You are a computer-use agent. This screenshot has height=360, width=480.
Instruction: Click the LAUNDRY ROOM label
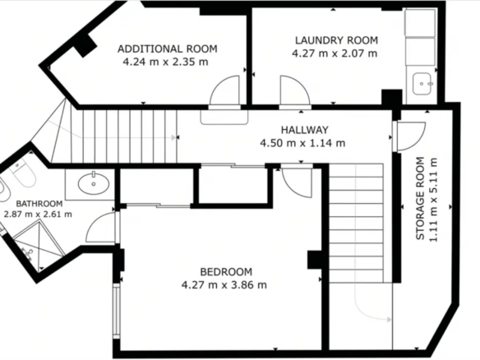[x=336, y=40]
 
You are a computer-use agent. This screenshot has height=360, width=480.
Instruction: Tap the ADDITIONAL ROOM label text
[x=168, y=49]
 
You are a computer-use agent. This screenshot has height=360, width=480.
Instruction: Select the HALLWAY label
[x=305, y=130]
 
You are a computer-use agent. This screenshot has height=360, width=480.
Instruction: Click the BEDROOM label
[x=226, y=272]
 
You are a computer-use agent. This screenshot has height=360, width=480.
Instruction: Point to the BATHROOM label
[x=39, y=204]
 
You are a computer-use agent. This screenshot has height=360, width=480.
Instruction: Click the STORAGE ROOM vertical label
[x=421, y=198]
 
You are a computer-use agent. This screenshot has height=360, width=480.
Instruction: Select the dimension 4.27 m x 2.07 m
[x=335, y=53]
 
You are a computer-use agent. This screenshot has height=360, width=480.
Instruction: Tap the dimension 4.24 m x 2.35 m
[x=165, y=62]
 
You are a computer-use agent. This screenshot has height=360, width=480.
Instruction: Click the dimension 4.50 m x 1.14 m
[x=302, y=143]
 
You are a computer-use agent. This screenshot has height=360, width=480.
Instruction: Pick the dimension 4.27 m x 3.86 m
[x=224, y=285]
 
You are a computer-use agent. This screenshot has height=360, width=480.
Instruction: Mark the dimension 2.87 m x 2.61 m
[x=38, y=214]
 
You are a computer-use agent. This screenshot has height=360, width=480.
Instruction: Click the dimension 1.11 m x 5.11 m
[x=433, y=200]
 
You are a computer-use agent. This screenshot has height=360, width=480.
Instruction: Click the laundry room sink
[x=423, y=84]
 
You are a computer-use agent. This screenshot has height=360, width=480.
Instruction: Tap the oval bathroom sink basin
[x=94, y=183]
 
